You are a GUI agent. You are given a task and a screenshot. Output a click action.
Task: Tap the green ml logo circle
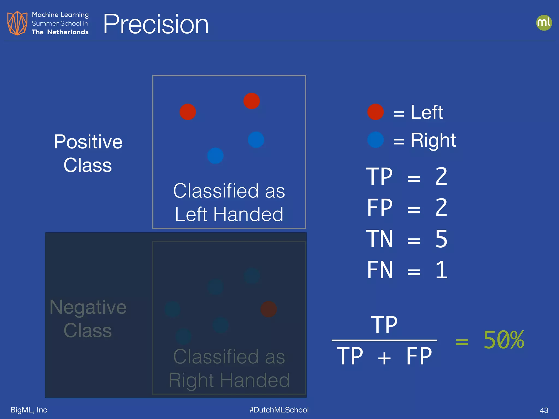(x=544, y=23)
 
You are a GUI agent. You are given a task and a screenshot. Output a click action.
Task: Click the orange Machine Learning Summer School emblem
(x=17, y=23)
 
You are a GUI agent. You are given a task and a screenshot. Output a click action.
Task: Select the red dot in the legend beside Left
(x=376, y=112)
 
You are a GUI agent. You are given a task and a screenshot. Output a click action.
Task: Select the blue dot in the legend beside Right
(x=376, y=140)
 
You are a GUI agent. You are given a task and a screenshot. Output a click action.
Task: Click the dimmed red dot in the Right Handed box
(x=269, y=309)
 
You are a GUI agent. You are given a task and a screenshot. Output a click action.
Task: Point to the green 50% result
(x=504, y=340)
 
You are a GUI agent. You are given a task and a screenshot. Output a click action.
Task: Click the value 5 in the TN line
(x=441, y=239)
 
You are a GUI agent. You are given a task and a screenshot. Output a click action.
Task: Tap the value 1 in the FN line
(x=441, y=270)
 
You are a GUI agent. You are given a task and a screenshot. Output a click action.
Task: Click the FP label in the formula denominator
(x=419, y=356)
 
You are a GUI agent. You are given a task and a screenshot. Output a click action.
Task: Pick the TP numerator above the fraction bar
(x=384, y=325)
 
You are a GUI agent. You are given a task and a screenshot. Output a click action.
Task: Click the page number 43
(x=544, y=410)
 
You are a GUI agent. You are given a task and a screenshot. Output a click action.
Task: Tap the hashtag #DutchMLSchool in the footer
(x=279, y=410)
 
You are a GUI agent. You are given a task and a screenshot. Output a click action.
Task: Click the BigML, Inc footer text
(x=29, y=410)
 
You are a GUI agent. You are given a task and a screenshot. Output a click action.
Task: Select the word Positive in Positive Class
(x=88, y=142)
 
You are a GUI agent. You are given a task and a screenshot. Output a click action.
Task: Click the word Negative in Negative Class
(x=88, y=307)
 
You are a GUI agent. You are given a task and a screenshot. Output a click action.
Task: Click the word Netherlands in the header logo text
(x=68, y=32)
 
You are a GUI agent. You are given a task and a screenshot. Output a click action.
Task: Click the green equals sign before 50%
(x=462, y=342)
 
